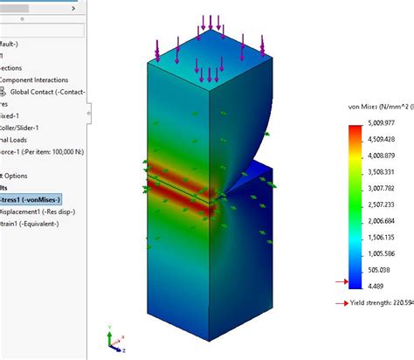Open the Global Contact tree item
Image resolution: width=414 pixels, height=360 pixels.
pyautogui.click(x=44, y=91)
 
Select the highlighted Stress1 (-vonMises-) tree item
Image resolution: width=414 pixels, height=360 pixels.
pyautogui.click(x=31, y=198)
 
